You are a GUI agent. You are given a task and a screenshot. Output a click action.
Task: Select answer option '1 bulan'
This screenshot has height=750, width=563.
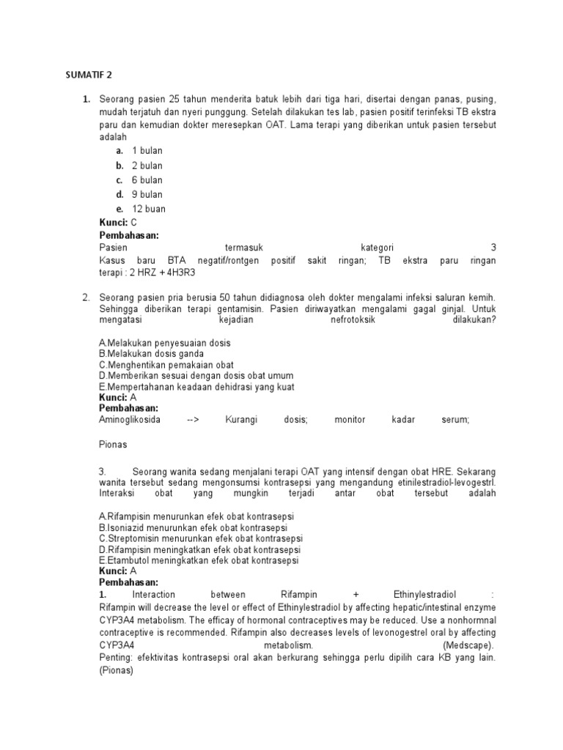[x=147, y=151]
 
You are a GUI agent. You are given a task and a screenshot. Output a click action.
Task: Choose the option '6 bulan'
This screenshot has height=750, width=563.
[x=147, y=180]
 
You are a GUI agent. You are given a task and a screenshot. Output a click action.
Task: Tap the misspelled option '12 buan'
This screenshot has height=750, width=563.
[x=148, y=209]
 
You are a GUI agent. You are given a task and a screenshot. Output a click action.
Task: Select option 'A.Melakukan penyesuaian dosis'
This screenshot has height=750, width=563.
[x=164, y=343]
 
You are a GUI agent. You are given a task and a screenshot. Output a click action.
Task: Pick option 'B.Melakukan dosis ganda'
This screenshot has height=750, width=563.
[x=151, y=354]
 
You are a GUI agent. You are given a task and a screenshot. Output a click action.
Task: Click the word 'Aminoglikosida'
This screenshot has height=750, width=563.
[x=130, y=420]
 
